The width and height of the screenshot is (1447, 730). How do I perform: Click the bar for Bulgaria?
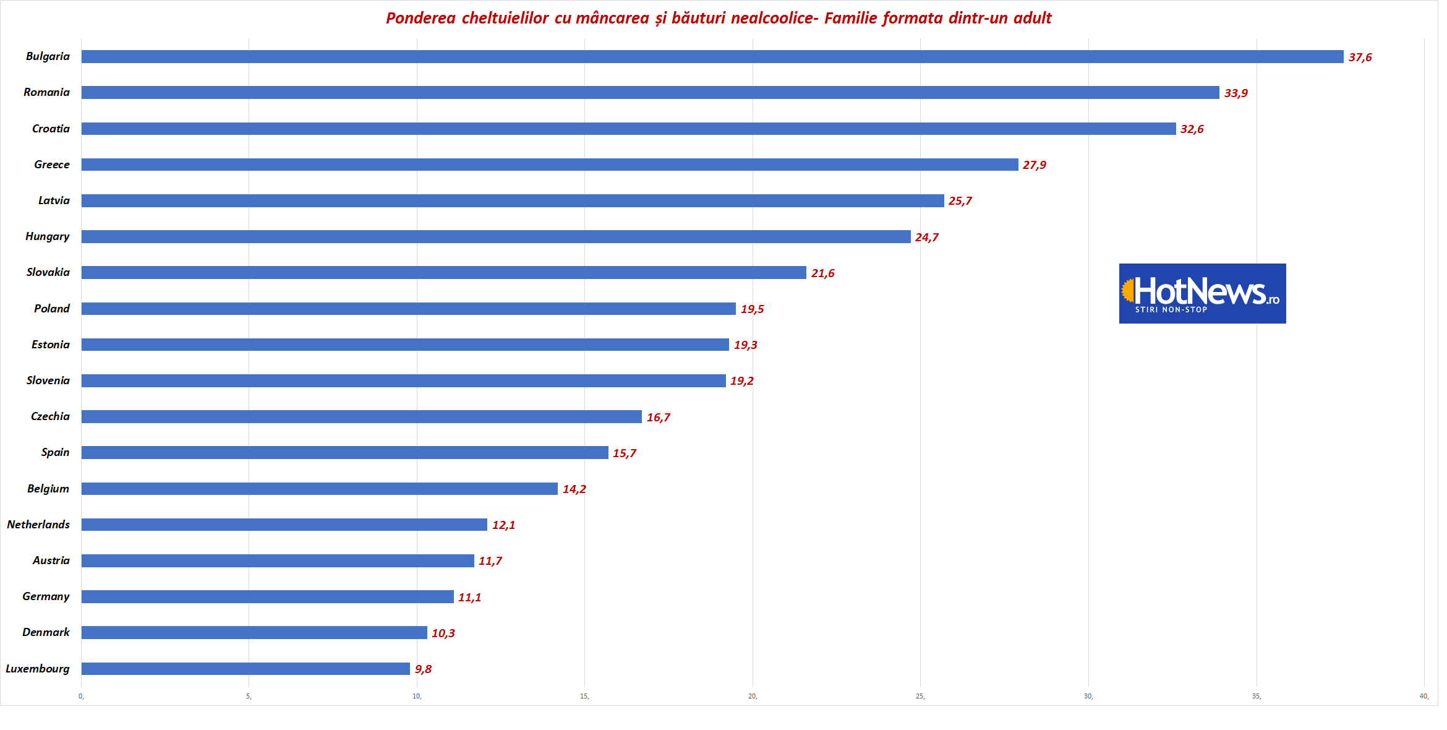pyautogui.click(x=711, y=57)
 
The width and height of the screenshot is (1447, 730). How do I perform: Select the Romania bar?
pyautogui.click(x=649, y=93)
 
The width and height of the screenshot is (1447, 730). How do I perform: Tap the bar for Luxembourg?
pyautogui.click(x=245, y=669)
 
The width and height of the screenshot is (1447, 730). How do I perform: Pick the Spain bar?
pyautogui.click(x=344, y=453)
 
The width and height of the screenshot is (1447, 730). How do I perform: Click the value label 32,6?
pyautogui.click(x=1192, y=129)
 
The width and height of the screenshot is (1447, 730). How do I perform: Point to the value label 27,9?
pyautogui.click(x=1034, y=165)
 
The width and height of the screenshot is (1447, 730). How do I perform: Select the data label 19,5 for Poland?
pyautogui.click(x=752, y=309)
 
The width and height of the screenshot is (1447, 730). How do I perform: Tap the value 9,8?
pyautogui.click(x=423, y=669)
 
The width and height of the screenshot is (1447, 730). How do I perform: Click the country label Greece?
pyautogui.click(x=52, y=165)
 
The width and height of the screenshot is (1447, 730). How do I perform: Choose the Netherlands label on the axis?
pyautogui.click(x=38, y=525)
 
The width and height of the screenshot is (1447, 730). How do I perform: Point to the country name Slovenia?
pyautogui.click(x=48, y=380)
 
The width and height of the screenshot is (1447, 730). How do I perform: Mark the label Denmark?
pyautogui.click(x=46, y=632)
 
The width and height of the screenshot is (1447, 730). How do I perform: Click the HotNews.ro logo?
pyautogui.click(x=1202, y=293)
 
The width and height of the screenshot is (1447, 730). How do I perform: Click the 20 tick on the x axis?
pyautogui.click(x=753, y=697)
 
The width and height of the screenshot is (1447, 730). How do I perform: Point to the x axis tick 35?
pyautogui.click(x=1256, y=697)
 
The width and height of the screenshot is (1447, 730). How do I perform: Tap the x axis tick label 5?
pyautogui.click(x=249, y=697)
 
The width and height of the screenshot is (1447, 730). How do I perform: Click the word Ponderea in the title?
pyautogui.click(x=420, y=19)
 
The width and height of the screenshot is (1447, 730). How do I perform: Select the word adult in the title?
pyautogui.click(x=1032, y=19)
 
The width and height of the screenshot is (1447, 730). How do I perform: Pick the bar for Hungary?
pyautogui.click(x=495, y=237)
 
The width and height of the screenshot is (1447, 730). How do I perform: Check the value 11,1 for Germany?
pyautogui.click(x=469, y=598)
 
